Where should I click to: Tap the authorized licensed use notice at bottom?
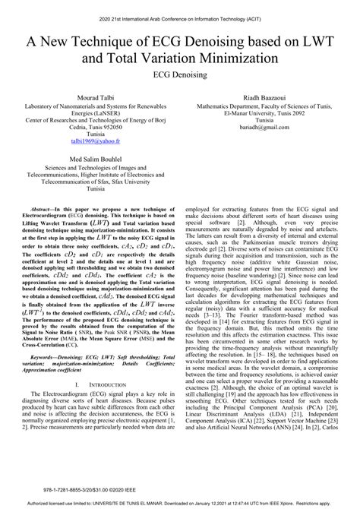coord(180,503)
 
